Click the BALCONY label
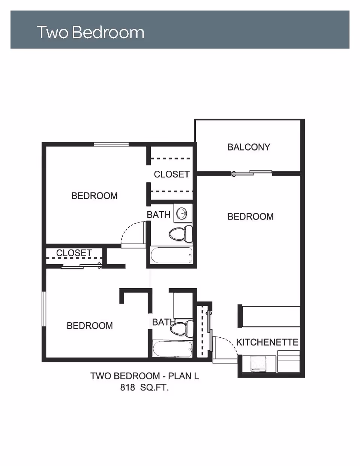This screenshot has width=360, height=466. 249,147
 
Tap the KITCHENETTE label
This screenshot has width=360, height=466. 267,342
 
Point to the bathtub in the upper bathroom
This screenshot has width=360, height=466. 171,256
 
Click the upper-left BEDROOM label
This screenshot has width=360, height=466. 94,196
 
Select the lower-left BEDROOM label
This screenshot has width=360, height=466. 90,326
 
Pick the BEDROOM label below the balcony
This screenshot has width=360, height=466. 250,216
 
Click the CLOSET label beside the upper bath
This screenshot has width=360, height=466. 172,174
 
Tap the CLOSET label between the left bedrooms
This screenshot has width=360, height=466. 74,253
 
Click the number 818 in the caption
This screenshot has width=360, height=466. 127,388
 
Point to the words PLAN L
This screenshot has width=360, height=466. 183,376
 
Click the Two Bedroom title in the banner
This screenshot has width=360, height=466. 90,32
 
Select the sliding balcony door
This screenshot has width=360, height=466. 251,173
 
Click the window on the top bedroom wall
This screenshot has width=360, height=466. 111,144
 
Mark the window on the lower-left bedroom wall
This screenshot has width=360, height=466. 44,309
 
